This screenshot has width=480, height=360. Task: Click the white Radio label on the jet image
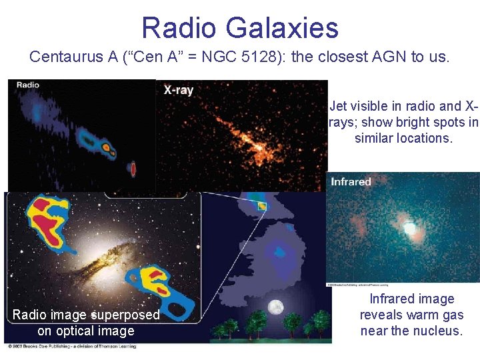click(x=27, y=85)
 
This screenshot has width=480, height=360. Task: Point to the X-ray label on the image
click(x=179, y=90)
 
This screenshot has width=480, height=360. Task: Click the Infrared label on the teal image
click(x=351, y=181)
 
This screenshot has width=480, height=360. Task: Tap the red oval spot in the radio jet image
click(x=133, y=169)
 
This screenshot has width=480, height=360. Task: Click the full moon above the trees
click(x=275, y=307)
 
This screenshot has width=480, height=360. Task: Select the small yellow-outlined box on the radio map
click(x=262, y=206)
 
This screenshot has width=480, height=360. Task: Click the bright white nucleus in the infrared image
click(x=409, y=229)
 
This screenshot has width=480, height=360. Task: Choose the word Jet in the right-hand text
click(x=339, y=106)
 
